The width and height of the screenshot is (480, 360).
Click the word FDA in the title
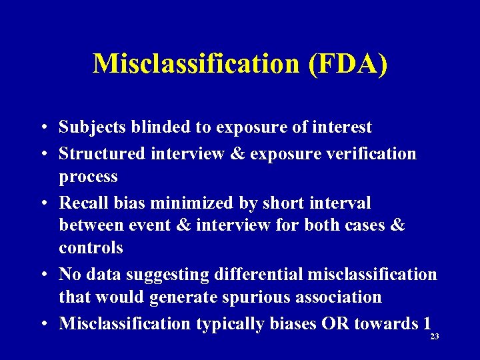click(347, 64)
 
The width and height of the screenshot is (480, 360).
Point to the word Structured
click(103, 154)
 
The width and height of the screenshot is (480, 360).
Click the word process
click(88, 177)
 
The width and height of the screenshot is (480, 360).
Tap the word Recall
click(81, 203)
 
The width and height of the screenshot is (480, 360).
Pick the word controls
click(91, 248)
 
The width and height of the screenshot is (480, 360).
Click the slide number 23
click(435, 337)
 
